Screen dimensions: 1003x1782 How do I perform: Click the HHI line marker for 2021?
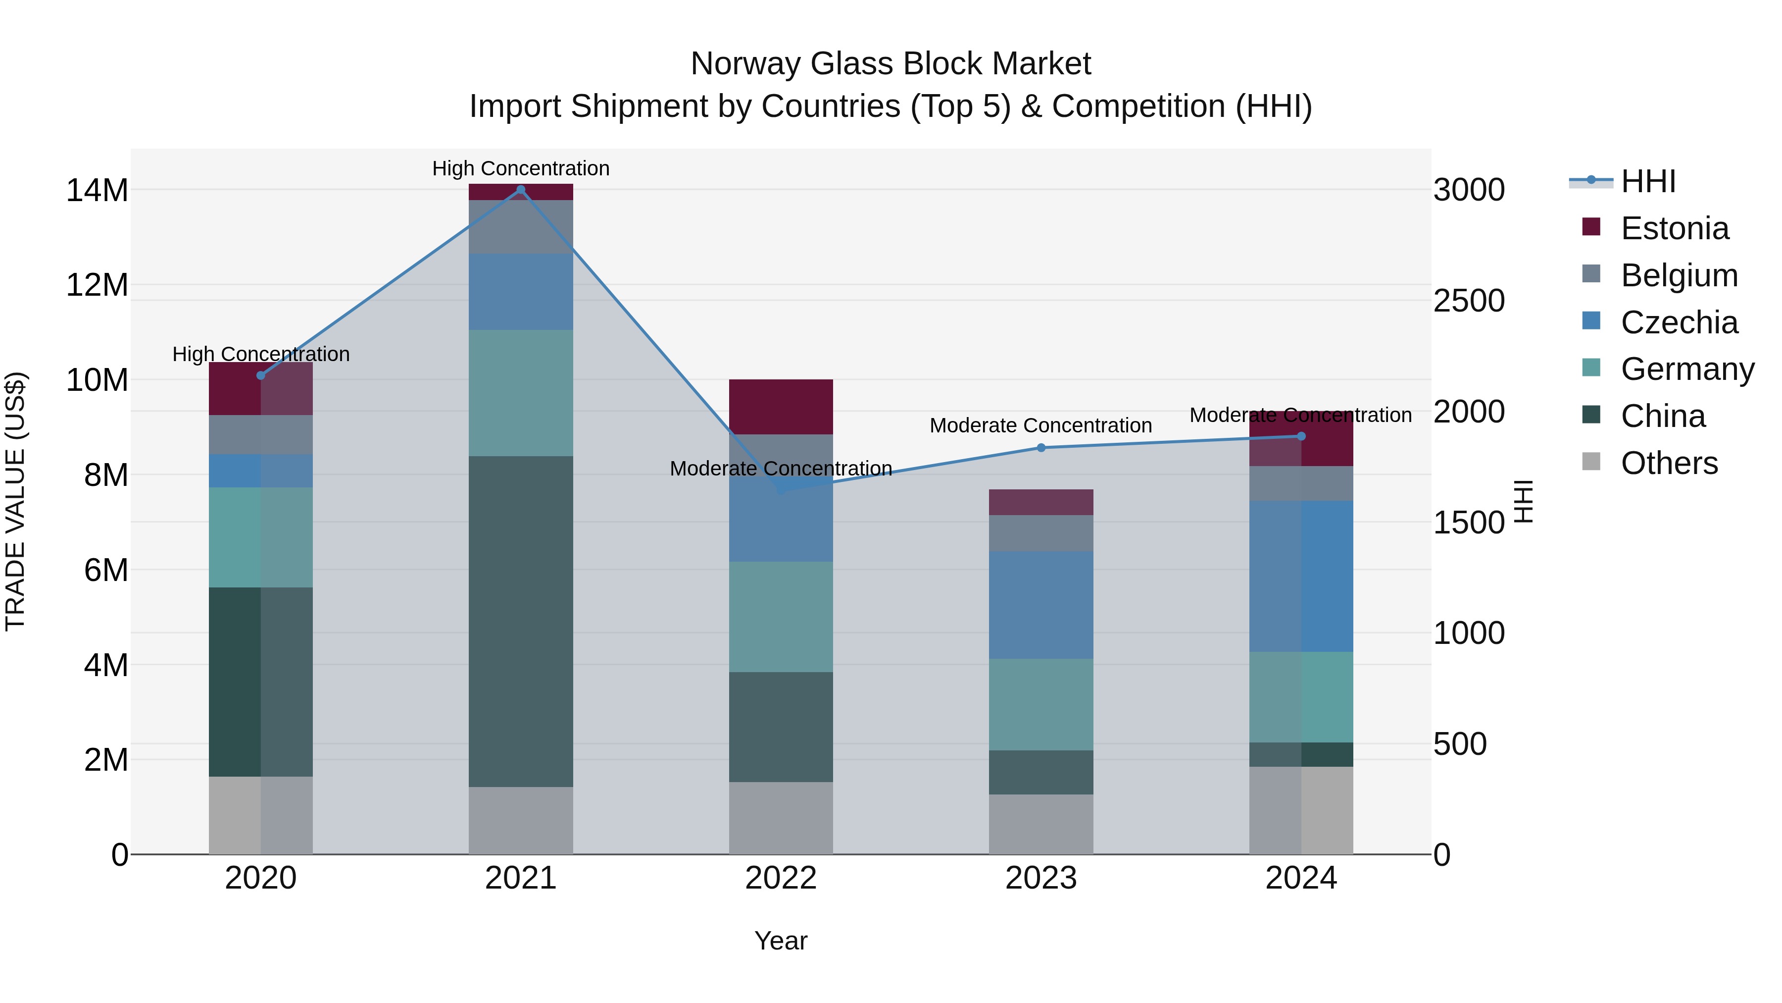521,190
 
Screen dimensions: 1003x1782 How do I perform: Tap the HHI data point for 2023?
1041,448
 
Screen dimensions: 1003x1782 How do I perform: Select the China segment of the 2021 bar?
521,621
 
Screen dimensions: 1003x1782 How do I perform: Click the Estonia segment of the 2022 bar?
781,407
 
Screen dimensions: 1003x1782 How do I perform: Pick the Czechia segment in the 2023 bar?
1041,604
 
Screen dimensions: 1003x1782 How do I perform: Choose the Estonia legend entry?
1674,228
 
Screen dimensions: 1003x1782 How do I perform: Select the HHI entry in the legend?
1648,181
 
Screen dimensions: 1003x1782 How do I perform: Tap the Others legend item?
1669,463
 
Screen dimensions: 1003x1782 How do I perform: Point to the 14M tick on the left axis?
97,190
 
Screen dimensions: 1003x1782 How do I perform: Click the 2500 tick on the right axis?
1469,301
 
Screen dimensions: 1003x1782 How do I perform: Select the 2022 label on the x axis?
781,878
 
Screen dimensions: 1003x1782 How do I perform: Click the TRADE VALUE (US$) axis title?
16,501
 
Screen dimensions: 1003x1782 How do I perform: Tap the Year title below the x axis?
781,941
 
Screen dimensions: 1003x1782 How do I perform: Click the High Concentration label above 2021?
521,168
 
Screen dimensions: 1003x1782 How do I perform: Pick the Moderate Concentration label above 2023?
1040,425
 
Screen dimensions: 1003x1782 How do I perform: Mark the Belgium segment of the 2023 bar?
1041,533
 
